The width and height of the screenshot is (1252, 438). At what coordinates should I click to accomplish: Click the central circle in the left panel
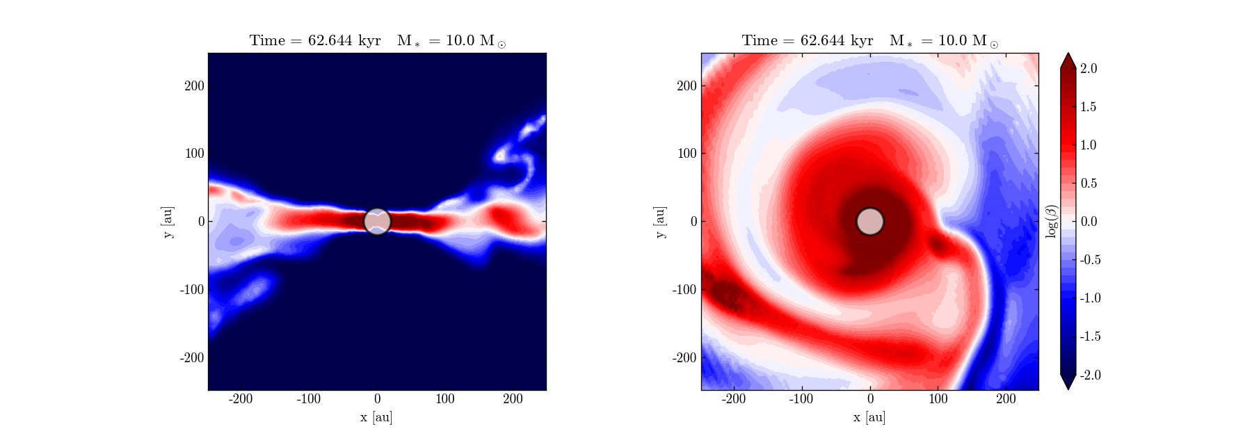point(377,221)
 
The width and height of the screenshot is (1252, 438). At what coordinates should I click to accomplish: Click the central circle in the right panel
point(869,221)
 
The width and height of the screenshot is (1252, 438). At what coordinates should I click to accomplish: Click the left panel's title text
point(378,40)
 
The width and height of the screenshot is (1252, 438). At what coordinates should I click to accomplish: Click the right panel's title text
point(870,40)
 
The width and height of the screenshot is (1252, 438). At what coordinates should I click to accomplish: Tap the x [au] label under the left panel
point(376,417)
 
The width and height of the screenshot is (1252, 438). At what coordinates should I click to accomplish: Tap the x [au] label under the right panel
point(869,417)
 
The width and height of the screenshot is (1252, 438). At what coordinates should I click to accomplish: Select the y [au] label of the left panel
point(168,222)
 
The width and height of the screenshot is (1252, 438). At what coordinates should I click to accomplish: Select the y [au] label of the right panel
point(660,222)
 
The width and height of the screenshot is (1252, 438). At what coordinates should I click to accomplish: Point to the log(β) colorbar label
point(1052,221)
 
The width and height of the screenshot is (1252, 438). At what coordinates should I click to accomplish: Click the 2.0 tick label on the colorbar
point(1089,68)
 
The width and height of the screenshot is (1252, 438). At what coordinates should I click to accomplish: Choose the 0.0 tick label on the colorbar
point(1089,222)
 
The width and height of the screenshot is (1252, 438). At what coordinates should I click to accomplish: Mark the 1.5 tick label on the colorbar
point(1089,106)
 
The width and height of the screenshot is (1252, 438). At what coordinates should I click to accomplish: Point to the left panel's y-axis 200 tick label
point(194,86)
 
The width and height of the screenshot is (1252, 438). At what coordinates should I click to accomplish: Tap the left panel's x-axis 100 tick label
point(445,399)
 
